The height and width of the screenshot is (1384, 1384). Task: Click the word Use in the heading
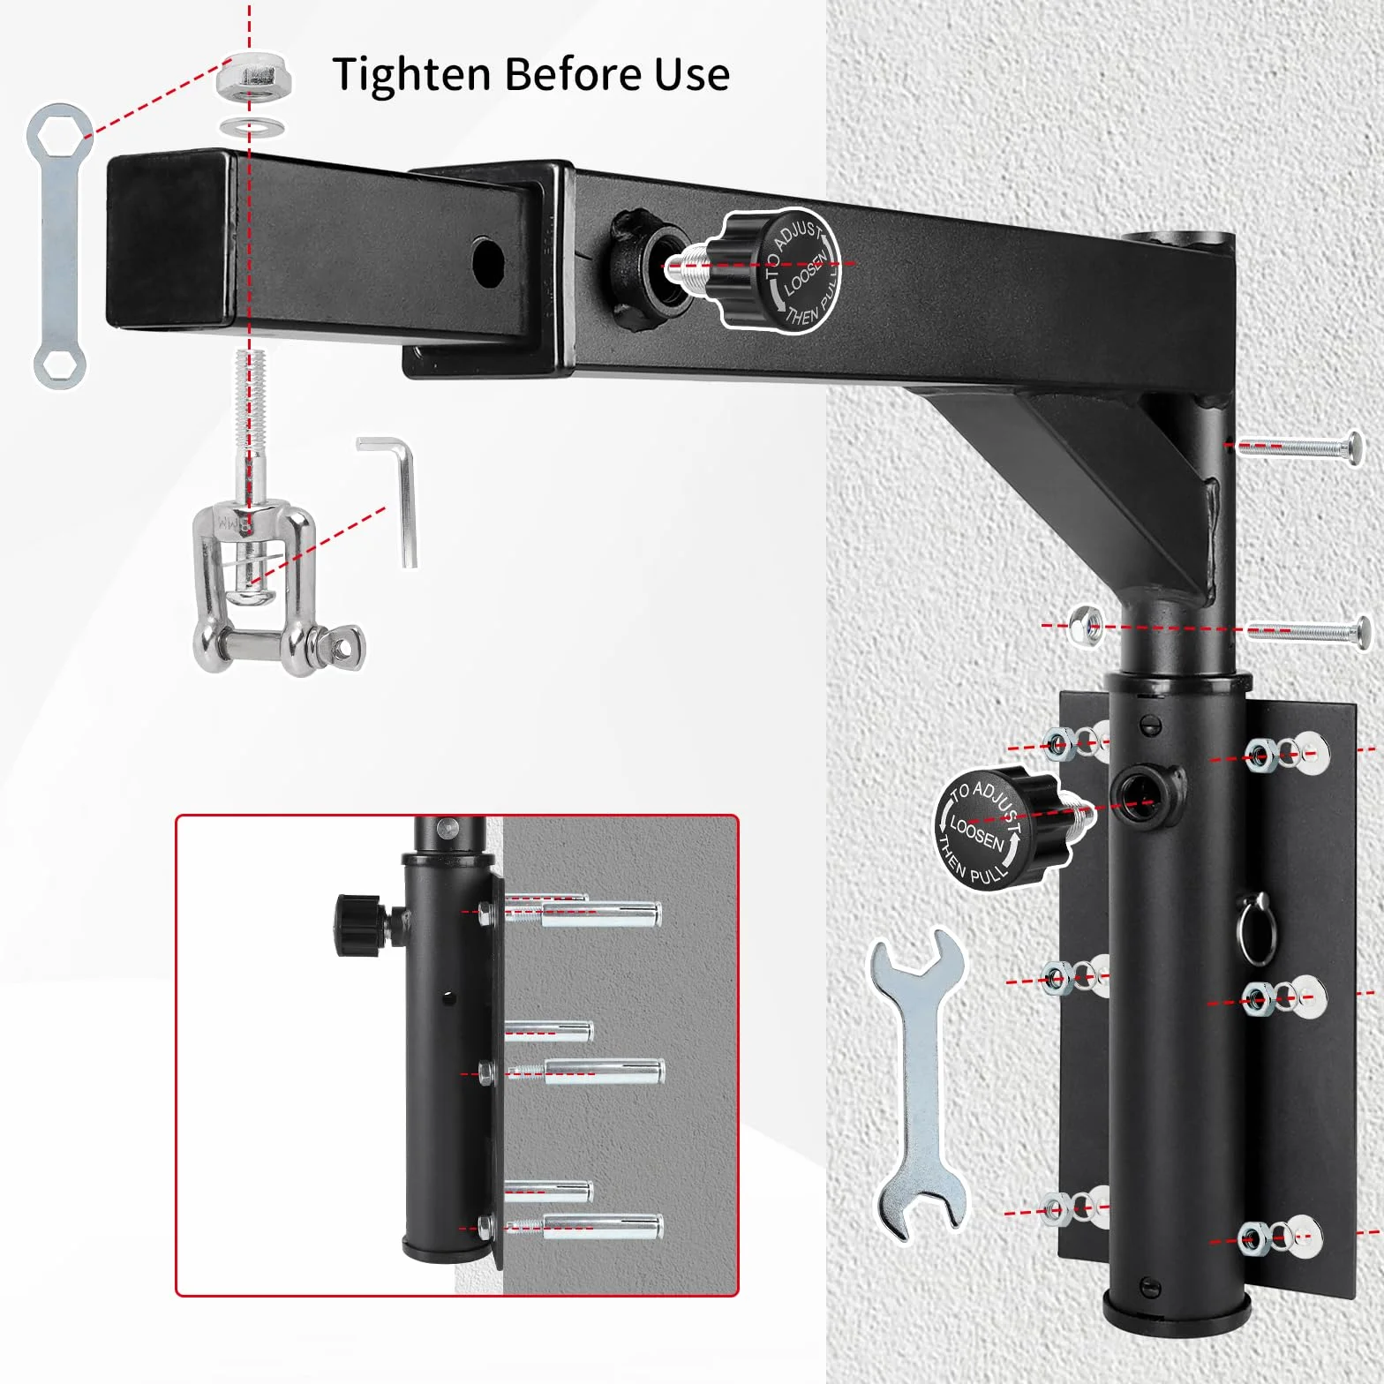point(691,74)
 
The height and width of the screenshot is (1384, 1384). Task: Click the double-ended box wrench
point(58,246)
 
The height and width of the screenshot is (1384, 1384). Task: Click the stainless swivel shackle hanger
point(265,587)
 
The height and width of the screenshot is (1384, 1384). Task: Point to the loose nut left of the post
point(1084,626)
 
